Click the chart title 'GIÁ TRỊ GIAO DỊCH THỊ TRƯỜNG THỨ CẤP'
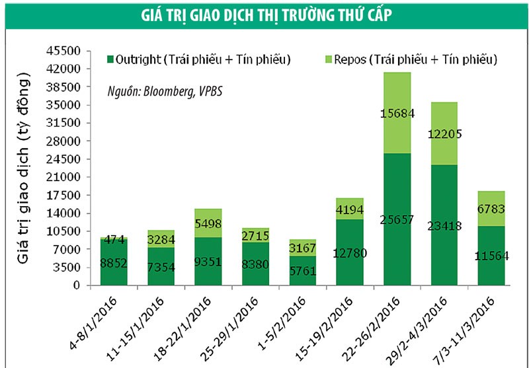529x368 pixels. [x=264, y=15]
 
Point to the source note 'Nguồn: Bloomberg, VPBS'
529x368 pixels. [x=165, y=91]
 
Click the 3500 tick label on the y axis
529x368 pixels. [x=64, y=268]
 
